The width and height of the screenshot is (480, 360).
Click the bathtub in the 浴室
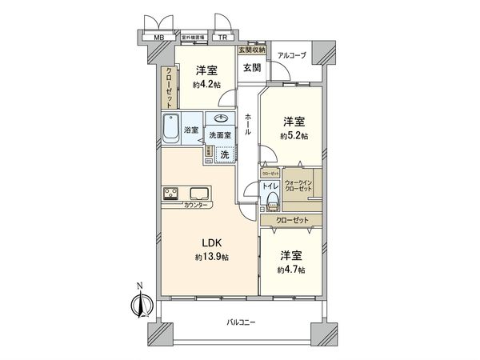coord(170,128)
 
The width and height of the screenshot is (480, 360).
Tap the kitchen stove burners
coord(171,193)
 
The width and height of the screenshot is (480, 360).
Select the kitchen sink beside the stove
coord(199,193)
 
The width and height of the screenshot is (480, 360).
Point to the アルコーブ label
coord(291,54)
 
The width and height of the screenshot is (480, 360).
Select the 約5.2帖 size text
coord(293,136)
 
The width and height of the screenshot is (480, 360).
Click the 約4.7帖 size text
coord(291,270)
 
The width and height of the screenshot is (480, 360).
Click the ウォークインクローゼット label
coord(303,186)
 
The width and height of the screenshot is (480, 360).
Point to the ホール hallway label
coord(248,124)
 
